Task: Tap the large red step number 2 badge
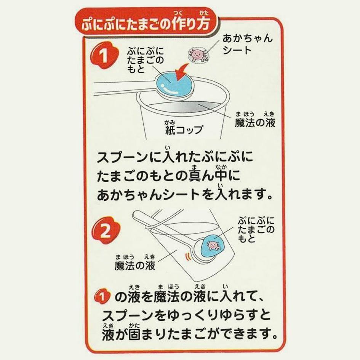coord(106,231)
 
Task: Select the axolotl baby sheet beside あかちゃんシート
coord(198,54)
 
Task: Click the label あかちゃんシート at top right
coord(247,45)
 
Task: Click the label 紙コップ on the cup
coord(184,129)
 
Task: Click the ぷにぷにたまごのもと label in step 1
coord(145,60)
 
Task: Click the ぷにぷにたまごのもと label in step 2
coord(256,230)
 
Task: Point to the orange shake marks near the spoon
coord(188,257)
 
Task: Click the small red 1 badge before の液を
coord(101,296)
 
